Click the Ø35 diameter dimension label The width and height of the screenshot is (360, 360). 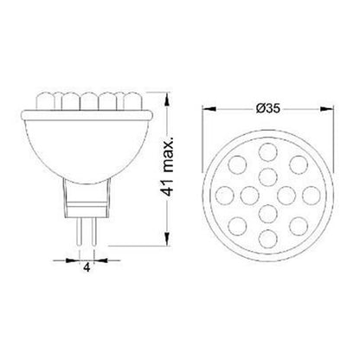pyautogui.click(x=268, y=108)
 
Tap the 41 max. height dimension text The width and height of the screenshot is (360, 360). pyautogui.click(x=167, y=167)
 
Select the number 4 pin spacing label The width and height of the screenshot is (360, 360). pyautogui.click(x=87, y=268)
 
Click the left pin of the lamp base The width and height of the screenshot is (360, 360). pyautogui.click(x=79, y=231)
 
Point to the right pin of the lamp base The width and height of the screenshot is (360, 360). pyautogui.click(x=93, y=231)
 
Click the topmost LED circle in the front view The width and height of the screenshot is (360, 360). pyautogui.click(x=268, y=151)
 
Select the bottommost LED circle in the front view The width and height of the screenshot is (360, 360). pyautogui.click(x=268, y=239)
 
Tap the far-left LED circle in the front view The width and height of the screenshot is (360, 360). pyautogui.click(x=224, y=196)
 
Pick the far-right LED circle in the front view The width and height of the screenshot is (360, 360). pyautogui.click(x=312, y=196)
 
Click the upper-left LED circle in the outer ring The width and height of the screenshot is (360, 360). pyautogui.click(x=237, y=164)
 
